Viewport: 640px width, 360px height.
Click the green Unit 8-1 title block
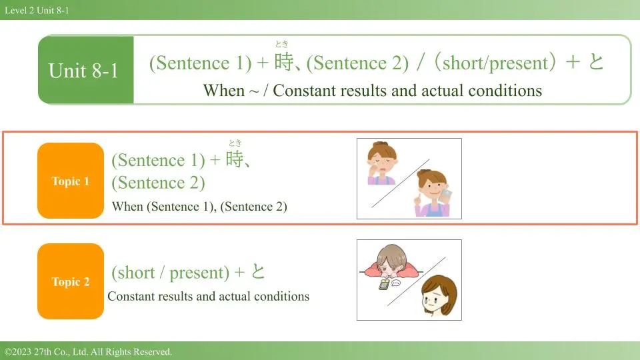86,70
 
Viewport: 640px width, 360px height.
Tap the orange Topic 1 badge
71,181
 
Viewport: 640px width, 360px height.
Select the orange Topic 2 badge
71,281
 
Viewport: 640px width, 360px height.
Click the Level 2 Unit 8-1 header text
37,10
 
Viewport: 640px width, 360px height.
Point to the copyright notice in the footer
88,351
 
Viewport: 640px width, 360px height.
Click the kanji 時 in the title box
284,61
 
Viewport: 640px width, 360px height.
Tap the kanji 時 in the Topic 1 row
235,159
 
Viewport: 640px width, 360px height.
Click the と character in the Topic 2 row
258,271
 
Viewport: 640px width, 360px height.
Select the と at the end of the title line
595,61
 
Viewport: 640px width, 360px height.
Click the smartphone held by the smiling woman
447,195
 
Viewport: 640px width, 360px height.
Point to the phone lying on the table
384,285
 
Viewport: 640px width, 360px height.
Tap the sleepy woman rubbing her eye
381,163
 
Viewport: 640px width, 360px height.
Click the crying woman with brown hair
439,295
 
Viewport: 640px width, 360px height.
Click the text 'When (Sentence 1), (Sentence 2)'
199,207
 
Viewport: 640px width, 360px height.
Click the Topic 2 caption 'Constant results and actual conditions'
209,296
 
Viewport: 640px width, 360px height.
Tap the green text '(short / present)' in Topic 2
171,272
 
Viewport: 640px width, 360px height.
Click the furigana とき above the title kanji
281,44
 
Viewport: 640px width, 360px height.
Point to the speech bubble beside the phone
396,283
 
